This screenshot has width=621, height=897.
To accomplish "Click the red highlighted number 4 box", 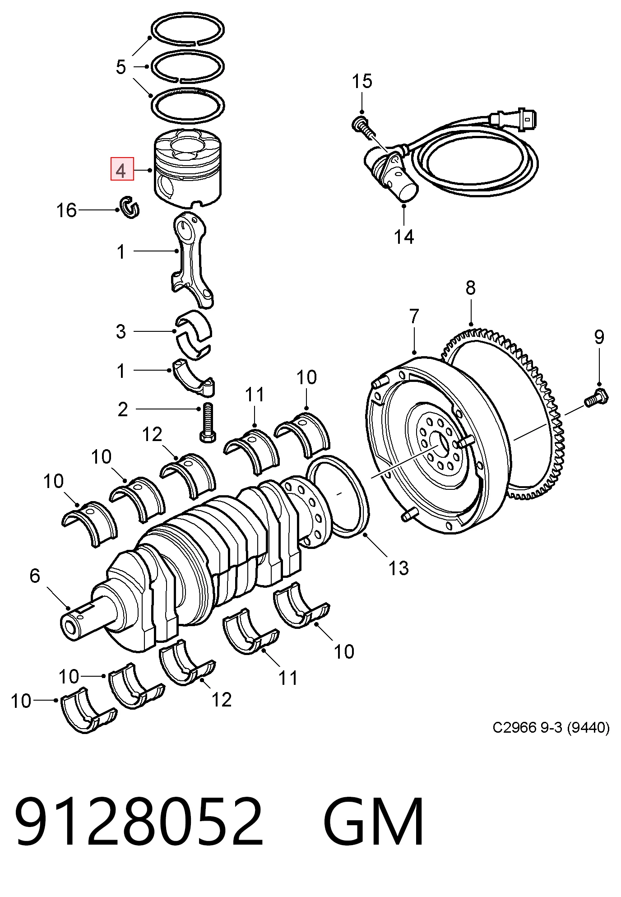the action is point(122,168).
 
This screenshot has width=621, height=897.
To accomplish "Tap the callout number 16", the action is point(67,210).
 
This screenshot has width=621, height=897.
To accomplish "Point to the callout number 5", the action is point(120,67).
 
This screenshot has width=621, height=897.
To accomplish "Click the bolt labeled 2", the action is point(206,421).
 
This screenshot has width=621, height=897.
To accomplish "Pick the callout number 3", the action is point(120,331).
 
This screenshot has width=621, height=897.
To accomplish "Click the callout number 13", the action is point(399,568).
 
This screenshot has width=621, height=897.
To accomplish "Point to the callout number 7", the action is point(414,316).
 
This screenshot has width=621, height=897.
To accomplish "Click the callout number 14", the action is point(404,237).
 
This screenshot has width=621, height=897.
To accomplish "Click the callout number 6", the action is point(35,576).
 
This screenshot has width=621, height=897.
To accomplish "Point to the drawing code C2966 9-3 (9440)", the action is point(551,728).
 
